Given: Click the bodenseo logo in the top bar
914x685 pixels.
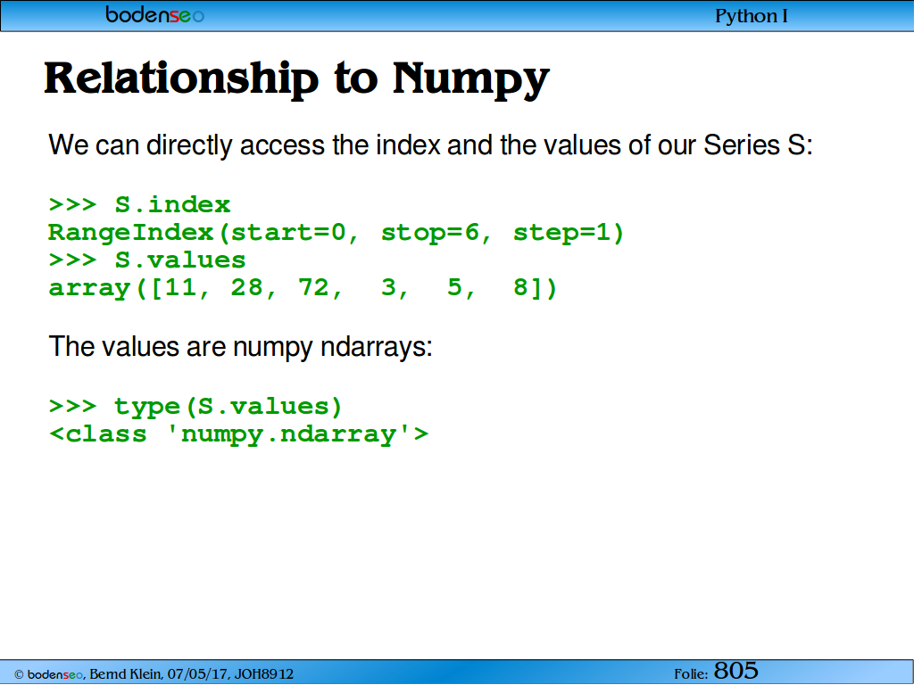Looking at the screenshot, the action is click(x=155, y=14).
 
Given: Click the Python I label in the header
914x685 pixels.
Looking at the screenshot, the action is click(x=752, y=16).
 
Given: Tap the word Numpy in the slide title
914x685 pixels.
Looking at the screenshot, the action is click(x=471, y=78).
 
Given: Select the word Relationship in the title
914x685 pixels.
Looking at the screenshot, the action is click(x=181, y=78).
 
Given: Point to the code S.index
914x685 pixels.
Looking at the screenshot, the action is click(x=172, y=205).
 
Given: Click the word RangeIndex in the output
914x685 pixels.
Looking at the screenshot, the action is click(x=131, y=233).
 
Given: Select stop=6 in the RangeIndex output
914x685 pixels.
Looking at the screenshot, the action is click(x=430, y=233).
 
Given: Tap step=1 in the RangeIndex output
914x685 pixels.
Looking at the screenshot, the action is click(x=561, y=233).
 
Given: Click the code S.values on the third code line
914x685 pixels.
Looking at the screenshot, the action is click(x=180, y=260).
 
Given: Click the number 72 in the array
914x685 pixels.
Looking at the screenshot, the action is click(x=313, y=288).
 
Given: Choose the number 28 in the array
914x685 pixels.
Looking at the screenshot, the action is click(x=246, y=288).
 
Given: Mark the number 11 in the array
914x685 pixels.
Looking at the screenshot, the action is click(x=180, y=288).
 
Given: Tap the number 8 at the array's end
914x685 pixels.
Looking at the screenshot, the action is click(x=520, y=288).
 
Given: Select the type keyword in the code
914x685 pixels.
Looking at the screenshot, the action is click(x=147, y=406).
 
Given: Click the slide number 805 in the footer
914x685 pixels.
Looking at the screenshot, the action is click(x=736, y=671).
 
